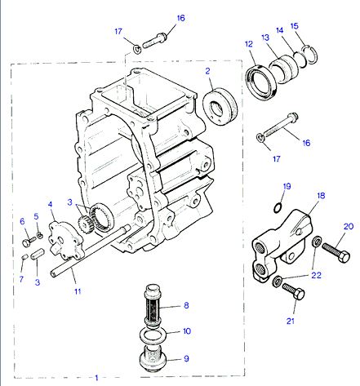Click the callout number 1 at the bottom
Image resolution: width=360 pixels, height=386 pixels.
pyautogui.click(x=96, y=378)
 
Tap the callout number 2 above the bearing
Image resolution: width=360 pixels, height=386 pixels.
pyautogui.click(x=207, y=71)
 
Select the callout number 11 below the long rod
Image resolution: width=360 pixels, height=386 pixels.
pyautogui.click(x=78, y=291)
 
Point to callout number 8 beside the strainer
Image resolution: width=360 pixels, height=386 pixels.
pyautogui.click(x=186, y=305)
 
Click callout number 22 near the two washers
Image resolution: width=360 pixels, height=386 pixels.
pyautogui.click(x=316, y=275)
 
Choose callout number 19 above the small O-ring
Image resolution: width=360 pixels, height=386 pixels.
pyautogui.click(x=287, y=186)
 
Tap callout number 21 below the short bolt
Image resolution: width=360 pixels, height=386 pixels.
pyautogui.click(x=291, y=321)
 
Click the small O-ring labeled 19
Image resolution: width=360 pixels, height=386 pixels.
pyautogui.click(x=278, y=208)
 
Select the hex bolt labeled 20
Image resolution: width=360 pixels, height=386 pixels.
pyautogui.click(x=336, y=252)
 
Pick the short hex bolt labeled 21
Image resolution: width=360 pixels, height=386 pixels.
pyautogui.click(x=293, y=291)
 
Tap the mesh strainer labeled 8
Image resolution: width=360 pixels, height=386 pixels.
pyautogui.click(x=153, y=303)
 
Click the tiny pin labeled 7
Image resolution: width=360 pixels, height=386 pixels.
pyautogui.click(x=24, y=256)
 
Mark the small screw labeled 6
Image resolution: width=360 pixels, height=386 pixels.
pyautogui.click(x=29, y=242)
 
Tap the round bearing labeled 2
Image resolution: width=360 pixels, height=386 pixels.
pyautogui.click(x=220, y=106)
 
